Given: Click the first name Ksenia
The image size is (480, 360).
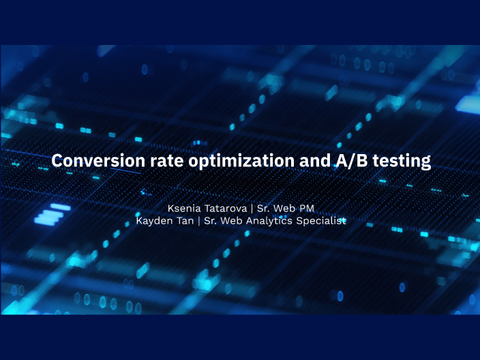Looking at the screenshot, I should tap(184, 207).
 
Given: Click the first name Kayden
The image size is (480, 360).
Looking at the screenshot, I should tap(153, 221).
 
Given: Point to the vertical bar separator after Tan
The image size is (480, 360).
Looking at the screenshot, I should tap(198, 221).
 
